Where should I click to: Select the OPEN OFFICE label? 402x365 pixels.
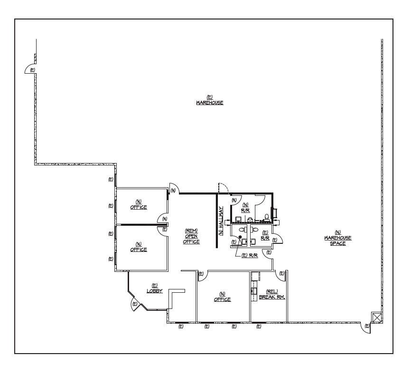[191, 239]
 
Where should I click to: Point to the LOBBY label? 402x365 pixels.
[155, 291]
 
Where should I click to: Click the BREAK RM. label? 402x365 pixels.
[272, 298]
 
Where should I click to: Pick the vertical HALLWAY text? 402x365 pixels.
[221, 221]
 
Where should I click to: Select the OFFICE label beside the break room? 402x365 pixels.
[222, 299]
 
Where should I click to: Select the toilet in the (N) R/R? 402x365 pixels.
[267, 218]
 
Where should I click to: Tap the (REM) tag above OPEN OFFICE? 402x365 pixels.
[191, 231]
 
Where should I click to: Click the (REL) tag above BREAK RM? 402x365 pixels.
[272, 291]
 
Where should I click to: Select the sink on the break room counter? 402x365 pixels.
[254, 290]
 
